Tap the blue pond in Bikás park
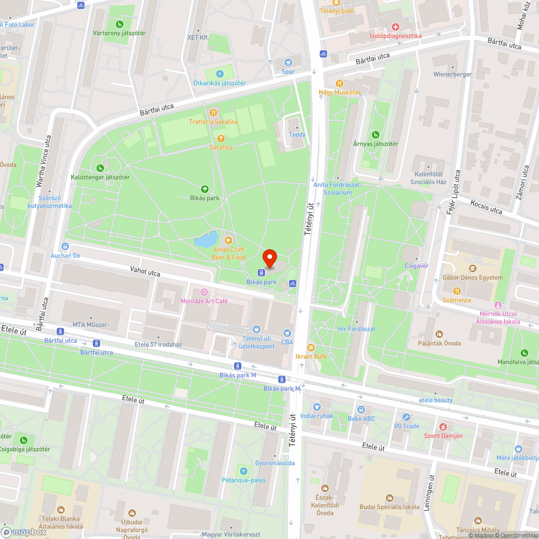(206, 239)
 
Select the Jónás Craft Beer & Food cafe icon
(228, 240)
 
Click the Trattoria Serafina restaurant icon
(213, 113)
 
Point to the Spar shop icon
(288, 61)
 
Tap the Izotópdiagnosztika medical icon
(396, 26)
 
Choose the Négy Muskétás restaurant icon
(340, 83)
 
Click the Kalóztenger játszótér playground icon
(100, 168)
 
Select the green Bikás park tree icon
(205, 189)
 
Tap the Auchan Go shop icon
(65, 246)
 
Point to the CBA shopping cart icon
(287, 334)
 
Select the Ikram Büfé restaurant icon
(310, 347)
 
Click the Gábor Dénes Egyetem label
(472, 278)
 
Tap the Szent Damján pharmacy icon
(443, 426)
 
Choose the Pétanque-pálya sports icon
(244, 471)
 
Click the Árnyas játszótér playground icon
(375, 134)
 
